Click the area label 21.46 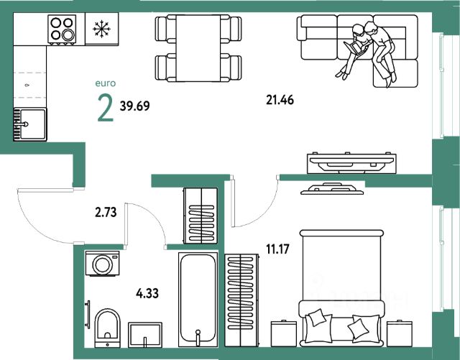[x=280, y=101]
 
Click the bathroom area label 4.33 [x=147, y=292]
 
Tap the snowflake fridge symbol [x=100, y=30]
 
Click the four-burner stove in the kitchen [x=63, y=30]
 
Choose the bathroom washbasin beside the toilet [x=146, y=336]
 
